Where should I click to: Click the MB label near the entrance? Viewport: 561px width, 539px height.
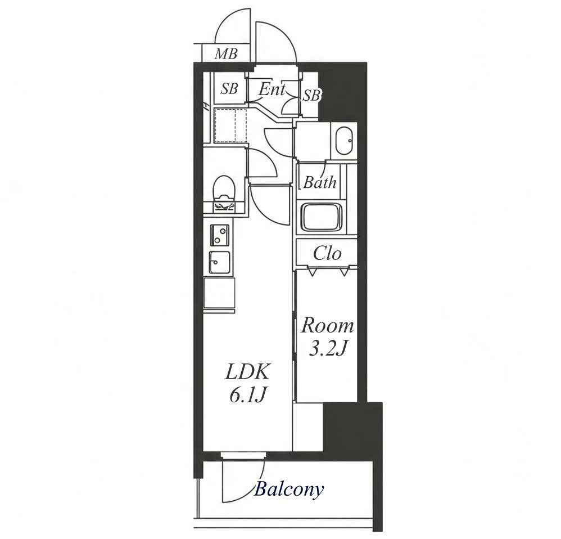coord(226,54)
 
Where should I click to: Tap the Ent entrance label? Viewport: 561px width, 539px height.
coord(272,89)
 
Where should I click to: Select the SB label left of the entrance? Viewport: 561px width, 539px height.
coord(229,89)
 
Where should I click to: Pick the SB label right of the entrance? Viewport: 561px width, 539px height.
coord(311,95)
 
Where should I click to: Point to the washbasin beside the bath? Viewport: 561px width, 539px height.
coord(344,141)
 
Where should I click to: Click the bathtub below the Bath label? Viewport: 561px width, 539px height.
coord(322,217)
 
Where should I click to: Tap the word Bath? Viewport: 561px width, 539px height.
coord(320,182)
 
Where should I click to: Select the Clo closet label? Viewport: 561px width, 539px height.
coord(327,254)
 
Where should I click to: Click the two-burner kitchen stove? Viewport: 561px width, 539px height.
coord(220,235)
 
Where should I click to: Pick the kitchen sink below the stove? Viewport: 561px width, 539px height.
coord(219,262)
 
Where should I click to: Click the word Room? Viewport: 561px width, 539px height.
coord(327,326)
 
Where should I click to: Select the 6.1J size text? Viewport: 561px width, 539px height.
coord(248,396)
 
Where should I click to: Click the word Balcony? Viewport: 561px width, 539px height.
coord(289,489)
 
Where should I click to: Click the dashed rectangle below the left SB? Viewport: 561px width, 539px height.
coord(231,125)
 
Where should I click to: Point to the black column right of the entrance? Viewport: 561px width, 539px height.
coord(342,92)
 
